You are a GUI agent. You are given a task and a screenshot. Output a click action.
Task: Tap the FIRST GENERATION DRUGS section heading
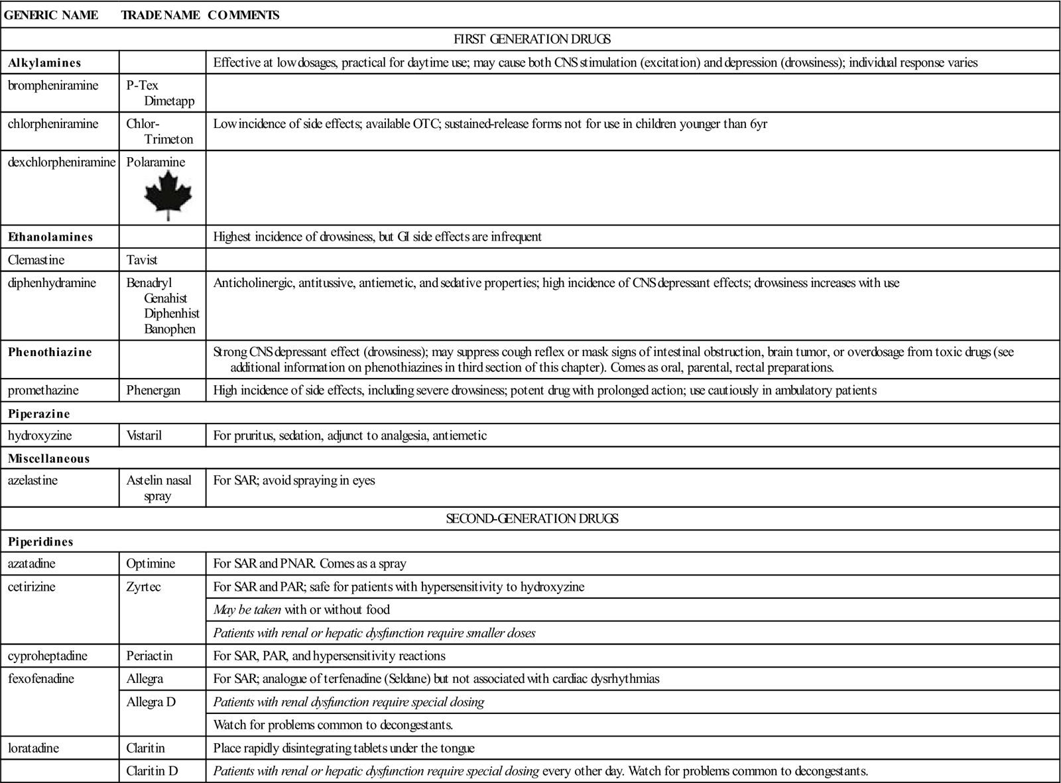(x=532, y=39)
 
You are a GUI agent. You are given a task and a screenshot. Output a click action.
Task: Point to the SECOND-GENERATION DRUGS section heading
(x=532, y=518)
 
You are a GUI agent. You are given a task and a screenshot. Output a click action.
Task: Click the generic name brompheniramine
(x=53, y=86)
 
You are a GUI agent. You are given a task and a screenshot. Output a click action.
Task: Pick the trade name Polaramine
(x=156, y=162)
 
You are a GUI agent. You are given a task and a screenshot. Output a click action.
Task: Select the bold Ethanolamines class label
(x=50, y=237)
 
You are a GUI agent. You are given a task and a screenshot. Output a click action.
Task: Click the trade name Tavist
(x=142, y=260)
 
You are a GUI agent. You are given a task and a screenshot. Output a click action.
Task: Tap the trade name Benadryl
(x=149, y=283)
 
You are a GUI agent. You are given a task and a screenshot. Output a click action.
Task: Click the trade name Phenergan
(x=153, y=391)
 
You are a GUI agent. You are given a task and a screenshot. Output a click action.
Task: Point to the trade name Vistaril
(x=144, y=436)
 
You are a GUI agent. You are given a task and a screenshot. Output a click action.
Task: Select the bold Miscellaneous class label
(x=48, y=459)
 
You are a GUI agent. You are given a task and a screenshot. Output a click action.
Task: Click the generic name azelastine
(x=32, y=481)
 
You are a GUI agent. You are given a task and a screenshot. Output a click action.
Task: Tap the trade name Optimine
(x=151, y=564)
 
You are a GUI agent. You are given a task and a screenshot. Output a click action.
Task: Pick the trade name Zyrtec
(x=143, y=587)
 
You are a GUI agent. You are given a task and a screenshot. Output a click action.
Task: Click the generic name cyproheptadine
(x=48, y=656)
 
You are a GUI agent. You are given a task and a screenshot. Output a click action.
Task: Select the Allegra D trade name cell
(x=151, y=701)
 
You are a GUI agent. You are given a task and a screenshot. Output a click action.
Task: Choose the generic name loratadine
(x=33, y=748)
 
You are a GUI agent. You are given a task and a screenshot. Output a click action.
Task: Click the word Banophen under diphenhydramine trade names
(x=170, y=330)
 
